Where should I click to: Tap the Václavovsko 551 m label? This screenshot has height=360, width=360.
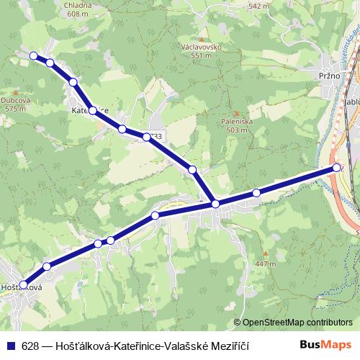pyautogui.click(x=201, y=50)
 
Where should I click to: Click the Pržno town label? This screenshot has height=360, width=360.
pyautogui.click(x=318, y=74)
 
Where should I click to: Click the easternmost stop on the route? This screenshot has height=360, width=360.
pyautogui.click(x=336, y=168)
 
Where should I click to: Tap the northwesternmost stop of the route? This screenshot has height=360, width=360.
pyautogui.click(x=33, y=55)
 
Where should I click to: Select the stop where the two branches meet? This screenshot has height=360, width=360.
pyautogui.click(x=215, y=204)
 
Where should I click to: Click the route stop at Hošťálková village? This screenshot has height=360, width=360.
pyautogui.click(x=23, y=284)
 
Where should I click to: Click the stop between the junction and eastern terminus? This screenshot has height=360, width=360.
pyautogui.click(x=256, y=192)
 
